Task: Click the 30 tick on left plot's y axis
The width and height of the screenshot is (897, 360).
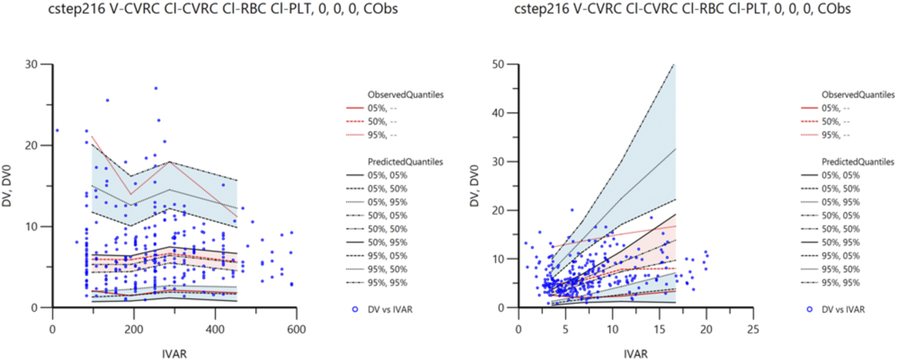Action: [x=31, y=64]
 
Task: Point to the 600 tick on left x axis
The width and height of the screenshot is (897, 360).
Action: [x=296, y=330]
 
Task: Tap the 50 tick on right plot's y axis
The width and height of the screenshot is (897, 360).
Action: [x=498, y=64]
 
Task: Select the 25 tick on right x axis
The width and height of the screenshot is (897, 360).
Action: [x=753, y=330]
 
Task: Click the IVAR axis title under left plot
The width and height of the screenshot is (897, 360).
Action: [x=174, y=354]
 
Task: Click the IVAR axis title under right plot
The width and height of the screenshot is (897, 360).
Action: [x=635, y=354]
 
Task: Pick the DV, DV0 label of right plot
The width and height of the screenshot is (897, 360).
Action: [x=474, y=186]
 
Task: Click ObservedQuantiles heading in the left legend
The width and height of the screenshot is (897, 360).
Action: [x=405, y=95]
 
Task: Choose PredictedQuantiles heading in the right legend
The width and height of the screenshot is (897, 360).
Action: [x=858, y=162]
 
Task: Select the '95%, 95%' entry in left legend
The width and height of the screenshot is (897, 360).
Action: [x=387, y=283]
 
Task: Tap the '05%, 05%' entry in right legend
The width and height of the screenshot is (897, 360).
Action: [x=841, y=175]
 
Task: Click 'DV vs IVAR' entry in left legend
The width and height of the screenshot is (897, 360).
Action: [x=390, y=309]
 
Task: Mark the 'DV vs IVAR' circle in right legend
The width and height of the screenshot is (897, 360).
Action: [x=809, y=309]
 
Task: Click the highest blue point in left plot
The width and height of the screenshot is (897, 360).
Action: [x=156, y=88]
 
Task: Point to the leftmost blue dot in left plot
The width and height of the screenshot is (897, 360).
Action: [x=57, y=131]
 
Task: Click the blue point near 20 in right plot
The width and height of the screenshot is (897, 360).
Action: [x=572, y=210]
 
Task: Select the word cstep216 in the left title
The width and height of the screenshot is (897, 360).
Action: [x=76, y=9]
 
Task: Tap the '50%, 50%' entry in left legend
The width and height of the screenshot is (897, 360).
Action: [x=387, y=229]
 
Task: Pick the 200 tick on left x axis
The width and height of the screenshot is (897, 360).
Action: [x=134, y=330]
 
